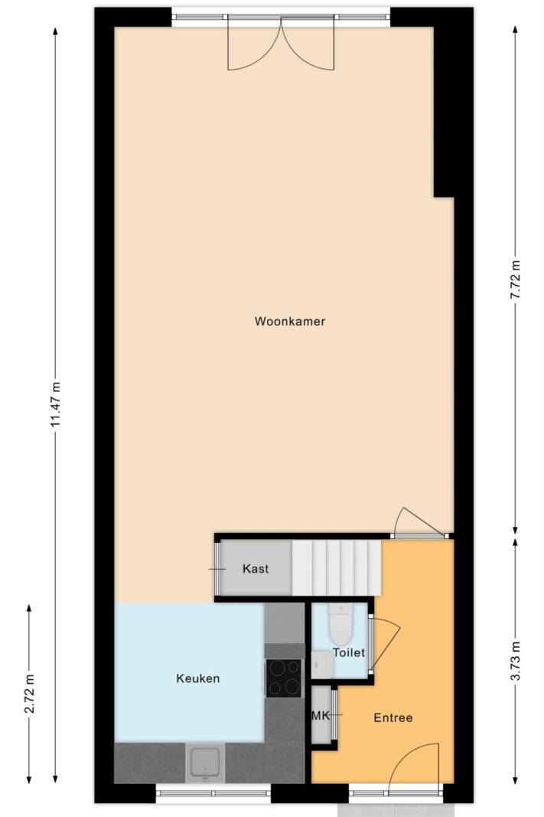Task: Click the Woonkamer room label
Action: coord(290,322)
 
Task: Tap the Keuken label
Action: coord(197,678)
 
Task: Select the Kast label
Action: coord(255,569)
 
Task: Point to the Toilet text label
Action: coord(348,652)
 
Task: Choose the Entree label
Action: coord(393,717)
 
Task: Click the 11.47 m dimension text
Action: coord(56,406)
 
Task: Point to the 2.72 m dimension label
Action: coord(30,694)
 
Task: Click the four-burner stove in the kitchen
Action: coord(285,677)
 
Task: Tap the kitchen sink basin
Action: coord(205,763)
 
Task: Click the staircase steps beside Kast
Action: coord(337,567)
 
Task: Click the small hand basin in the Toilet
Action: coord(321,665)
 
